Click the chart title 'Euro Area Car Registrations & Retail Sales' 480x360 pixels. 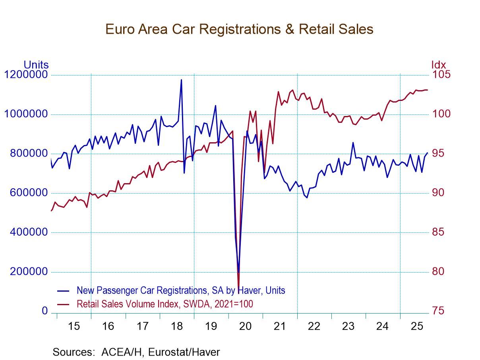(239, 29)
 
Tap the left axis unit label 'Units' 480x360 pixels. (36, 65)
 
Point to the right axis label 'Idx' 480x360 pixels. (438, 65)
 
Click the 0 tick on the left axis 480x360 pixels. (45, 311)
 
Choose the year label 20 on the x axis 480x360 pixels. (245, 327)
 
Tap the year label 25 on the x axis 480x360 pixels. (416, 327)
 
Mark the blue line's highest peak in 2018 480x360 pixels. (181, 80)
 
